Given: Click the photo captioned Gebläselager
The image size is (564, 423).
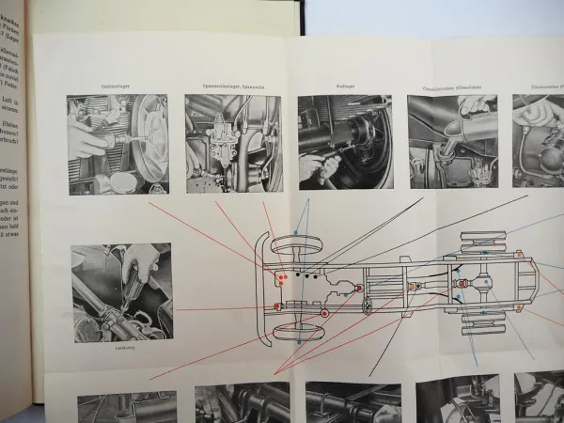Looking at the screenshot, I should [117, 143].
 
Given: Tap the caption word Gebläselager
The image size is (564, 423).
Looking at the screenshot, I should [117, 86].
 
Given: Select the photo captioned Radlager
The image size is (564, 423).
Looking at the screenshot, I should [344, 142].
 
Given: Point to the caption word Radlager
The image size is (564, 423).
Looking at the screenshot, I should [344, 86].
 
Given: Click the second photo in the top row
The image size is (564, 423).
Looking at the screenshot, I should [233, 143].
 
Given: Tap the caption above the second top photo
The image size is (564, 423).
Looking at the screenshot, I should [233, 86].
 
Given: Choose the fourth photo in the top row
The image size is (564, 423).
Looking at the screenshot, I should [453, 142].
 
